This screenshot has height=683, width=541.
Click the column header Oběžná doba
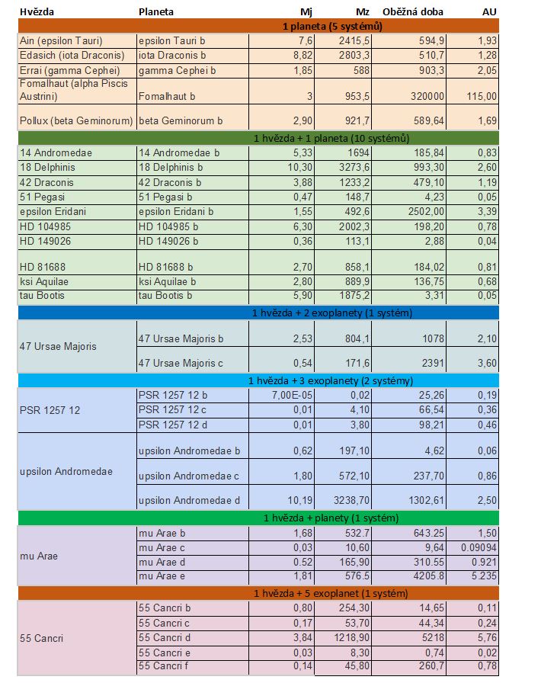(412, 11)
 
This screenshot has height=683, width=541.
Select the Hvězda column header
(37, 11)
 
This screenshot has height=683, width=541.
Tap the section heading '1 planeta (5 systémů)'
(332, 26)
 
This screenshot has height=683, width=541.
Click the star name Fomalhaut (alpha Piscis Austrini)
(74, 90)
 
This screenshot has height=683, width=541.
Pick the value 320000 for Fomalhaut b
(427, 96)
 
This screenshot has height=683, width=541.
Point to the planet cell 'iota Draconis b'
(172, 56)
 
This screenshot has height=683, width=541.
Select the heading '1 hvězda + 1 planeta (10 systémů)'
(331, 139)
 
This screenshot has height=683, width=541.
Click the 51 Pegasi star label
(42, 197)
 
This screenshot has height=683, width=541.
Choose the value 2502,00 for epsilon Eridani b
(426, 212)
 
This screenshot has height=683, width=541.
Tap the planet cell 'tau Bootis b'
(165, 296)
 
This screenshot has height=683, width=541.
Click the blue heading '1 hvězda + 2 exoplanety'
(332, 313)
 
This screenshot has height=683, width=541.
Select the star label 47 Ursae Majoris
(58, 346)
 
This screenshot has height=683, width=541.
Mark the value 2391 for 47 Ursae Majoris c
(433, 363)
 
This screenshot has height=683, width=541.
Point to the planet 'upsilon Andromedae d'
(189, 501)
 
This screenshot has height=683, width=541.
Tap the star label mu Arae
(39, 556)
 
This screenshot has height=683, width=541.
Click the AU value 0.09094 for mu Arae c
(479, 547)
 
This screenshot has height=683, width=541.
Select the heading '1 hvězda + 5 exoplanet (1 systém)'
(331, 593)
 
